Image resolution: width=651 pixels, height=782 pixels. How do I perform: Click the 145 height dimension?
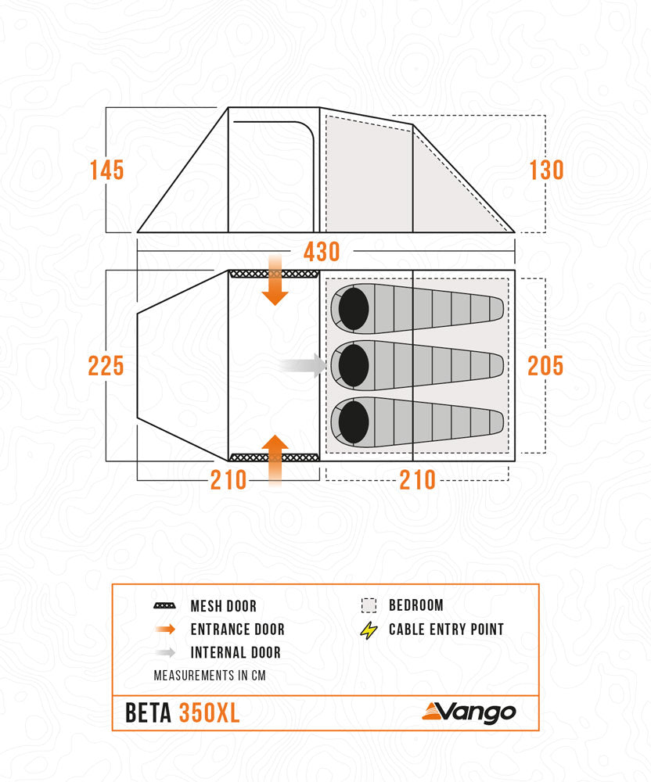[106, 170]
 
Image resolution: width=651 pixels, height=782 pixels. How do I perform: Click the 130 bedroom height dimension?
[546, 170]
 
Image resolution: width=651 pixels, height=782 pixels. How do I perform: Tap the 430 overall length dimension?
[322, 252]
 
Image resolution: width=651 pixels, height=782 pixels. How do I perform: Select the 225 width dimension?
[106, 365]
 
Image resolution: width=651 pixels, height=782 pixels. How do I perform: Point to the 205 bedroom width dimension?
[545, 365]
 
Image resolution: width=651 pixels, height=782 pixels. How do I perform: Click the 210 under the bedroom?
[418, 480]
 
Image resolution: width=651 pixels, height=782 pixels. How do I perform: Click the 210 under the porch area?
[228, 480]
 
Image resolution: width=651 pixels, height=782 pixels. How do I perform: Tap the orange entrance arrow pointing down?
[275, 279]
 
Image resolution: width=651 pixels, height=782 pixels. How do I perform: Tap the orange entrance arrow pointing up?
[275, 461]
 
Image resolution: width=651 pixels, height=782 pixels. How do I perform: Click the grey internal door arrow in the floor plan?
[302, 365]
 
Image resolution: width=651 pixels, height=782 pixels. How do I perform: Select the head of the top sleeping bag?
[354, 309]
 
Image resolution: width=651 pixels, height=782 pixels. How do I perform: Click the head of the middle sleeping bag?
[354, 365]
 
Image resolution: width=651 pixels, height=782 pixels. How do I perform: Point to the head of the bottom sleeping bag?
[354, 422]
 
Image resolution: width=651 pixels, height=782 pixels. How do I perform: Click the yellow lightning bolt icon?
[369, 630]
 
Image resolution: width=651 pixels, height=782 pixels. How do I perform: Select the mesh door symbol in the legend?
[164, 606]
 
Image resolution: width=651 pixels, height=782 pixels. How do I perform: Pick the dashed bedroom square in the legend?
[369, 605]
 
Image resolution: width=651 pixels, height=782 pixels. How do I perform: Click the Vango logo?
[469, 712]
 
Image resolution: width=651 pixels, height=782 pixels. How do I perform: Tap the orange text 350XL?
[210, 712]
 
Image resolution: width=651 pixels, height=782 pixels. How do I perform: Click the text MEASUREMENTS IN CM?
[210, 676]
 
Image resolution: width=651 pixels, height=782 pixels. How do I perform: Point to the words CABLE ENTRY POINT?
[447, 630]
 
